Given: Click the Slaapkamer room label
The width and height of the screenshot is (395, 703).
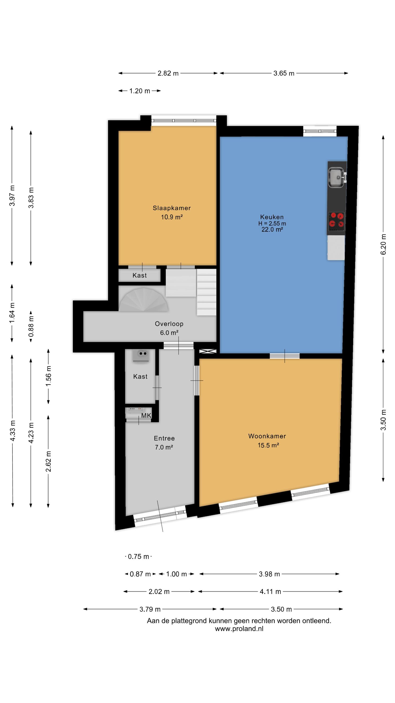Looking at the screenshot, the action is tap(172, 208).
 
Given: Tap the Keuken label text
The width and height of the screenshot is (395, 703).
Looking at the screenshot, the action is tap(272, 217).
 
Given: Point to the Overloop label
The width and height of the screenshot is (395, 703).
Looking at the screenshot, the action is tap(169, 324).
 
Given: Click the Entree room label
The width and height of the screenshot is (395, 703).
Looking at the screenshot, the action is tap(164, 438).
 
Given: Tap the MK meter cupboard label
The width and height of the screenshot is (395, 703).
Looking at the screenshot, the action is tap(146, 416).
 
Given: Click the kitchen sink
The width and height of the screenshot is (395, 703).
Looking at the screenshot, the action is tap(337, 178).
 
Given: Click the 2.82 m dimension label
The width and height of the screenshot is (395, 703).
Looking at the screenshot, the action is tap(168, 73).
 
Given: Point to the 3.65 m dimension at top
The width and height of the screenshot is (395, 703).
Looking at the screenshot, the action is tap(284, 73).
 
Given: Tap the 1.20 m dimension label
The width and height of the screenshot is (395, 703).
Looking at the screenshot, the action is tap(139, 91).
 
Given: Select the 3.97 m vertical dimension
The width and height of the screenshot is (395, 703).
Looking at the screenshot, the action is tap(12, 195).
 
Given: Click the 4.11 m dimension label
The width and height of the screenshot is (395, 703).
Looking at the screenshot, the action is tap(270, 592).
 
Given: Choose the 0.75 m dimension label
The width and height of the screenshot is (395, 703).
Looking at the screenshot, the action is tap(139, 557).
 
